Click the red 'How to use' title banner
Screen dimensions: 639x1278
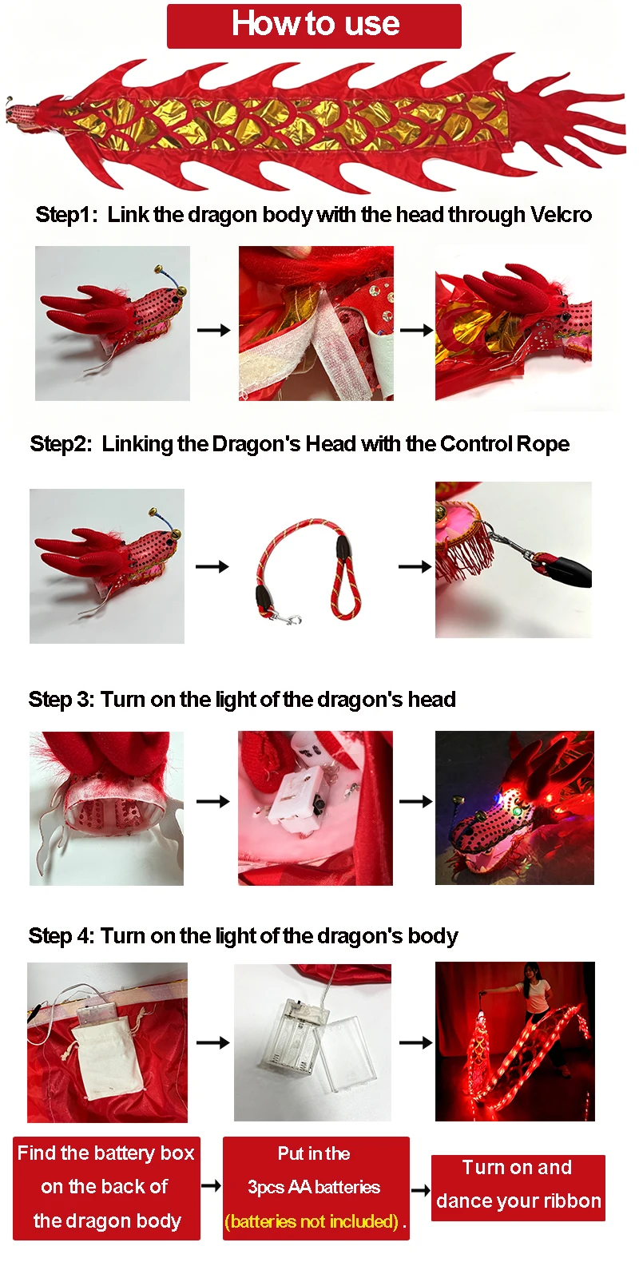[314, 26]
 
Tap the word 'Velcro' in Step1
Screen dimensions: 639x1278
[561, 215]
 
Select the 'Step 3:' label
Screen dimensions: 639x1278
[62, 700]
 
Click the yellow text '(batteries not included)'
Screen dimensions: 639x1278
[312, 1221]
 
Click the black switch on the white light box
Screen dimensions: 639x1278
[316, 806]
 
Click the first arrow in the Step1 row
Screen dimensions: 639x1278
[213, 330]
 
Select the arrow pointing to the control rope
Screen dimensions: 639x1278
[212, 566]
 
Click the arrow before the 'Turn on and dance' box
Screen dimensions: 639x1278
[420, 1190]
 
